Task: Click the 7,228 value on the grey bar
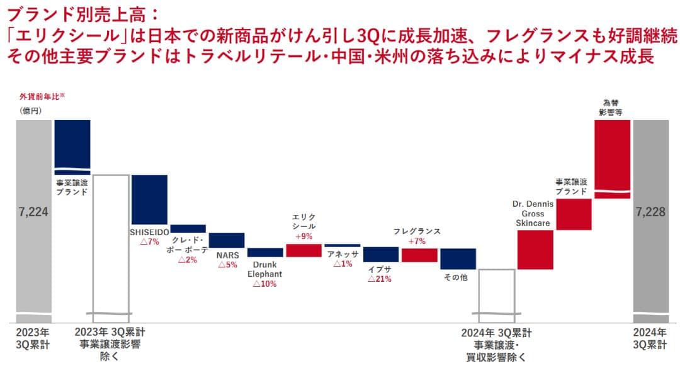tap(651, 212)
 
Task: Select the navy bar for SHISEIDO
tap(149, 199)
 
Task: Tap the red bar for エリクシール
tap(303, 250)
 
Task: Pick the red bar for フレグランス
tap(419, 255)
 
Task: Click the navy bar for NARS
tap(227, 240)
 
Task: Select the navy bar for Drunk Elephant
tap(265, 252)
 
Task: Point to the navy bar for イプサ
tap(381, 254)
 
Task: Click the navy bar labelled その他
tap(458, 258)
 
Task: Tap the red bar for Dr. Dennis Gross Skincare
tap(535, 250)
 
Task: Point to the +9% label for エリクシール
tap(303, 236)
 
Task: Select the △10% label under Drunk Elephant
tap(264, 284)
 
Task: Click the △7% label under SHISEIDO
tap(149, 242)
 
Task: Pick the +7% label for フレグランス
tap(417, 241)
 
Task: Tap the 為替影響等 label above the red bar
tap(611, 108)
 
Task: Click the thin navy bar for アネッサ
tap(343, 245)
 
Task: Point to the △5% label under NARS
tap(227, 265)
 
